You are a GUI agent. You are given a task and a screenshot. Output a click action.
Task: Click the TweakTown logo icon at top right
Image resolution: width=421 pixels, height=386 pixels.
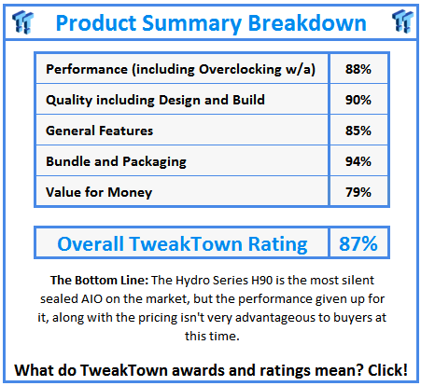(x=402, y=21)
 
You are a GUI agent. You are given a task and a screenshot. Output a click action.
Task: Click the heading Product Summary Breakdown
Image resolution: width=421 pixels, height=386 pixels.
(x=210, y=21)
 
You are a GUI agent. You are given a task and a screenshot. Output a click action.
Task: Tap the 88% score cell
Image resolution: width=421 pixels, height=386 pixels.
(x=358, y=69)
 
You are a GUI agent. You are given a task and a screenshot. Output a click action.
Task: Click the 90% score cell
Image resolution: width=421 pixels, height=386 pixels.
(x=358, y=100)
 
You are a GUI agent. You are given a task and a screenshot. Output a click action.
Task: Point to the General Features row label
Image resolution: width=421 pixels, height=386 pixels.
(x=100, y=131)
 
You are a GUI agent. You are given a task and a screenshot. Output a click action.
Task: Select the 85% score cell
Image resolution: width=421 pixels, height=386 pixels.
(x=358, y=131)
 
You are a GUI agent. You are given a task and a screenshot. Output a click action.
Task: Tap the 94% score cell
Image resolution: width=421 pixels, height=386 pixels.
(x=358, y=161)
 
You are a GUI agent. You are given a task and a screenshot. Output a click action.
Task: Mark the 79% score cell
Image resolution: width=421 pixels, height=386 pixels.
(x=358, y=192)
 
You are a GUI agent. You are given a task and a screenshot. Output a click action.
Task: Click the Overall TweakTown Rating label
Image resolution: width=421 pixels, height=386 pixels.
(x=182, y=244)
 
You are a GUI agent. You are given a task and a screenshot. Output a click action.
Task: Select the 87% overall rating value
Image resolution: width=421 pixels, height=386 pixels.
(x=358, y=244)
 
